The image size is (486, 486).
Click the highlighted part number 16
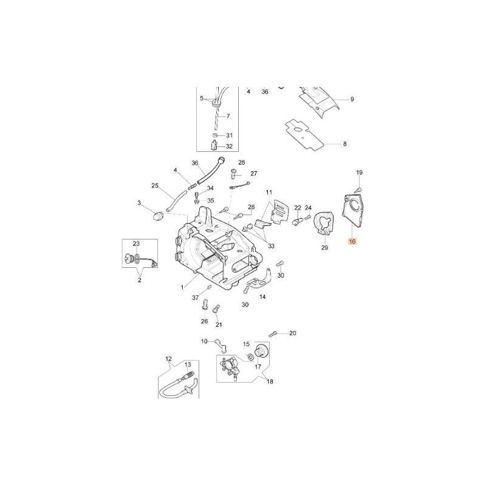point(352,241)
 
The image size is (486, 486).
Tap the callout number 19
point(359,173)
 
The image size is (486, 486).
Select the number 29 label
point(324,247)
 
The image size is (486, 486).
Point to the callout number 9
point(352,99)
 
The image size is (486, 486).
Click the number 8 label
point(344,144)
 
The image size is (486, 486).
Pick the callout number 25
point(155,186)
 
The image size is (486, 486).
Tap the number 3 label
point(139,203)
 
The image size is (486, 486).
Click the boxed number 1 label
point(182,287)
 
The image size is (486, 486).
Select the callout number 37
point(195,298)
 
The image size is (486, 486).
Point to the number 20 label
point(292,333)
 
